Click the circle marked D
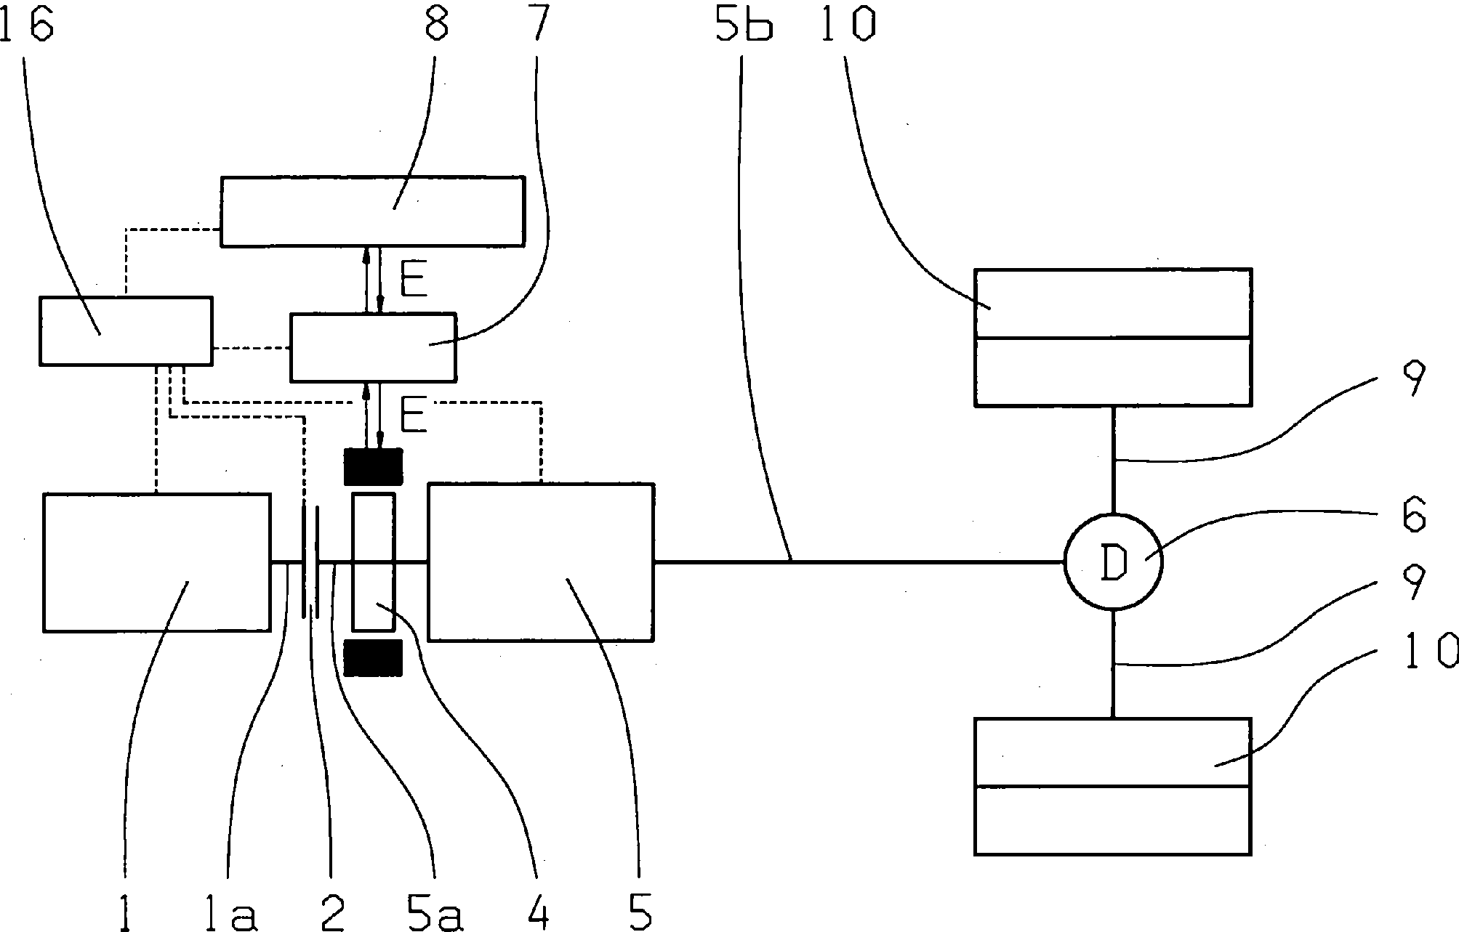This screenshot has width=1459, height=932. click(x=1113, y=562)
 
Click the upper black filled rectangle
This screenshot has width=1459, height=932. click(x=373, y=466)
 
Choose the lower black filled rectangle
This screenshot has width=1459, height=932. click(x=373, y=658)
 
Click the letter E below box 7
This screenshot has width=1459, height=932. click(x=414, y=417)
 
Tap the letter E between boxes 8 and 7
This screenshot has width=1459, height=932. click(x=414, y=280)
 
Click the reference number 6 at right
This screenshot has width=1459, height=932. click(x=1412, y=516)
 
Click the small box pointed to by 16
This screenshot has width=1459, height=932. click(x=126, y=330)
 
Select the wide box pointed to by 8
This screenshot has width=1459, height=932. click(x=372, y=211)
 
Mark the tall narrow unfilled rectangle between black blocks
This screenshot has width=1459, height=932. click(x=374, y=562)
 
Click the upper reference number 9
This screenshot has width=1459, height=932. click(x=1414, y=378)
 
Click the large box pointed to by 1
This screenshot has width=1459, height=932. click(x=156, y=562)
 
